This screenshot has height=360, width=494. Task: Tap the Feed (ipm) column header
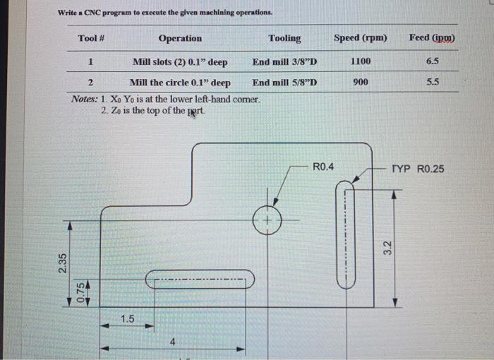(x=432, y=37)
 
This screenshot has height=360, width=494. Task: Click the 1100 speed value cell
(x=360, y=62)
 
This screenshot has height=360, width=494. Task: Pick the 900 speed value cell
(x=360, y=82)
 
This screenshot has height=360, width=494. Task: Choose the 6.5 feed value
(x=433, y=62)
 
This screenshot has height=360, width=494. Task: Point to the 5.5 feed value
(x=433, y=82)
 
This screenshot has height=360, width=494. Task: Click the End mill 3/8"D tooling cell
(x=284, y=62)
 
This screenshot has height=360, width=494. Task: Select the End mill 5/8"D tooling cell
(x=284, y=82)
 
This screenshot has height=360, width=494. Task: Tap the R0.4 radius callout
(x=323, y=167)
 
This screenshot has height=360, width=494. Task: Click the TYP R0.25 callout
(x=418, y=169)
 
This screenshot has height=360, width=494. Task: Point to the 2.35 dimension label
(x=62, y=263)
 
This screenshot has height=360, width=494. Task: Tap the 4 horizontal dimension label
(x=171, y=342)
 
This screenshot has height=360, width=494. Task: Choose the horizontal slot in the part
(x=200, y=281)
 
